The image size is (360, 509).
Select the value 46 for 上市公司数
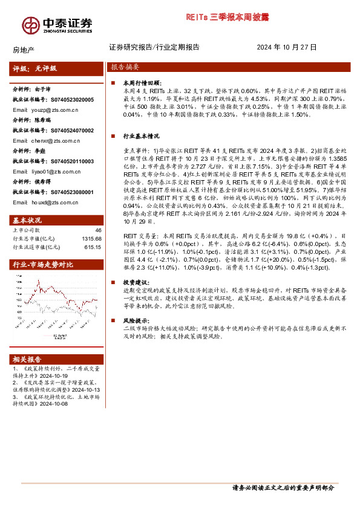98,230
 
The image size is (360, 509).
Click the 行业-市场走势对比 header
44,265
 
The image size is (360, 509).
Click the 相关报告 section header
28,358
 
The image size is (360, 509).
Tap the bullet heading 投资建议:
134,282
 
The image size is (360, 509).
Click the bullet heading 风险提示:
134,320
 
